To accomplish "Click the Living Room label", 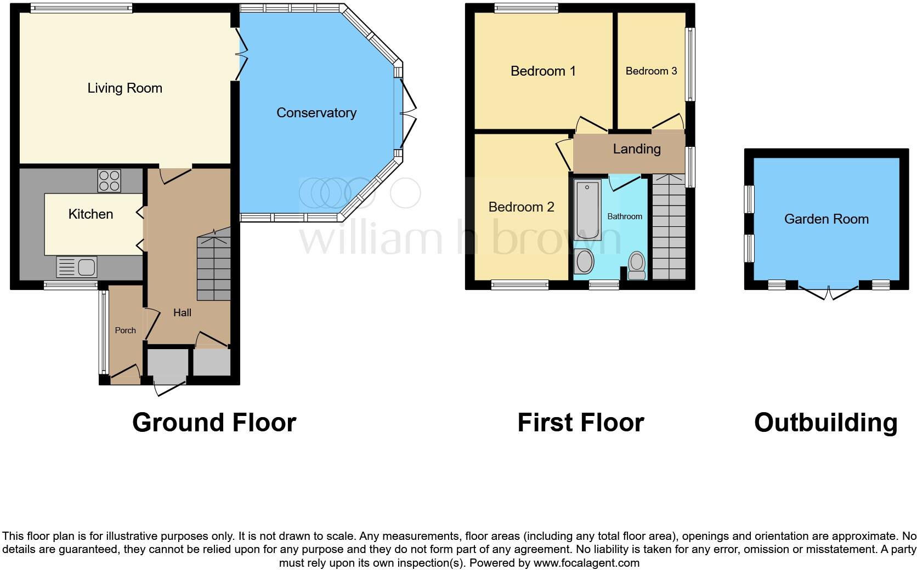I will [x=125, y=88].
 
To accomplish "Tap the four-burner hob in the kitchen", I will [x=109, y=181].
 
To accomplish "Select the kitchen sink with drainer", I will [x=77, y=267].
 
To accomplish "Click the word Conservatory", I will [x=316, y=113].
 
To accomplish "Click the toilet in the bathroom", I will [x=637, y=265].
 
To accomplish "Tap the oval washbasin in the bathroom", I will [x=584, y=262].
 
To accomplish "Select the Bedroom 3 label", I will [x=651, y=71].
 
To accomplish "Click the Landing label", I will [x=636, y=149].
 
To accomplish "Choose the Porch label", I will [x=125, y=330].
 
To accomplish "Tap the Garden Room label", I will [x=826, y=219].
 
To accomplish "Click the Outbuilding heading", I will [x=825, y=423].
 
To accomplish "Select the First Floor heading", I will [x=580, y=423].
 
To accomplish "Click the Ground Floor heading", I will [x=214, y=423].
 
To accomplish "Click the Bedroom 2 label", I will [x=521, y=207].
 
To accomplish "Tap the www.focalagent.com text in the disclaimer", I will [x=586, y=563].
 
